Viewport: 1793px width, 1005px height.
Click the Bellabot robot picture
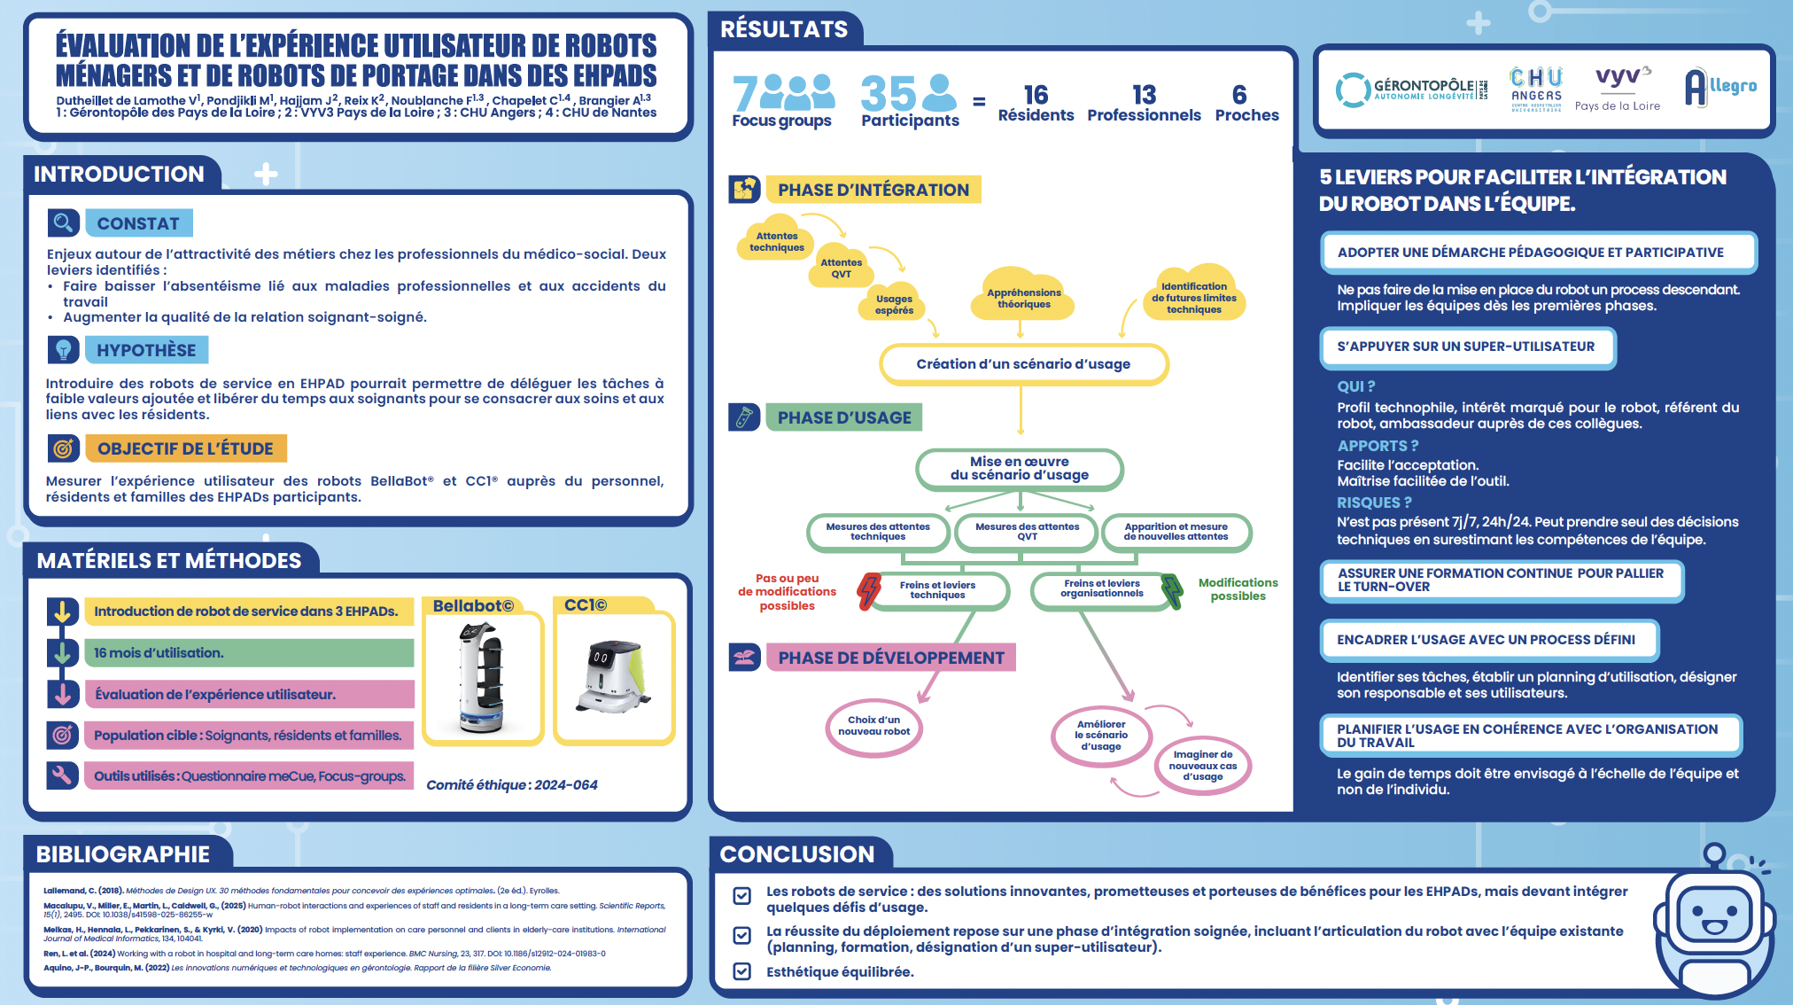click(x=482, y=678)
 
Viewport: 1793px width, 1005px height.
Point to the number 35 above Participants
click(x=889, y=93)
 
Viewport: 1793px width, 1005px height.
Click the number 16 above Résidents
click(x=1036, y=95)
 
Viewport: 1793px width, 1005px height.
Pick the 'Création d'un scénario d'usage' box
click(x=1023, y=364)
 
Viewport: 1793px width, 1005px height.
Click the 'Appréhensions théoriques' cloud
click(x=1024, y=298)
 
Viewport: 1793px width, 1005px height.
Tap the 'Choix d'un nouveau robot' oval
click(x=873, y=726)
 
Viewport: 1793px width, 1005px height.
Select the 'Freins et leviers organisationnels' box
click(x=1102, y=588)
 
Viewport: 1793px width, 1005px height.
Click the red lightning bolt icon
click(x=869, y=590)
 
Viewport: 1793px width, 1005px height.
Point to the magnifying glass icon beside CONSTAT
click(x=63, y=222)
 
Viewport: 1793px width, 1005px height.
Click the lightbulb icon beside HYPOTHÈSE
click(x=63, y=350)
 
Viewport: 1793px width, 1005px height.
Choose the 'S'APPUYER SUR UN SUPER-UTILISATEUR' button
click(x=1466, y=347)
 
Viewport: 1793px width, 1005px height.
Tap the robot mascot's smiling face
click(x=1714, y=918)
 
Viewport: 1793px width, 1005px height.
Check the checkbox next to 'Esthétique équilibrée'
click(x=742, y=971)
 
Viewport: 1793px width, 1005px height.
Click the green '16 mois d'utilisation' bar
click(x=249, y=653)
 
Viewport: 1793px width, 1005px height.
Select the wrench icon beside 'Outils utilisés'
click(x=62, y=775)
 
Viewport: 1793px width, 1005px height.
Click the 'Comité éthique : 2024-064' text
click(x=512, y=785)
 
